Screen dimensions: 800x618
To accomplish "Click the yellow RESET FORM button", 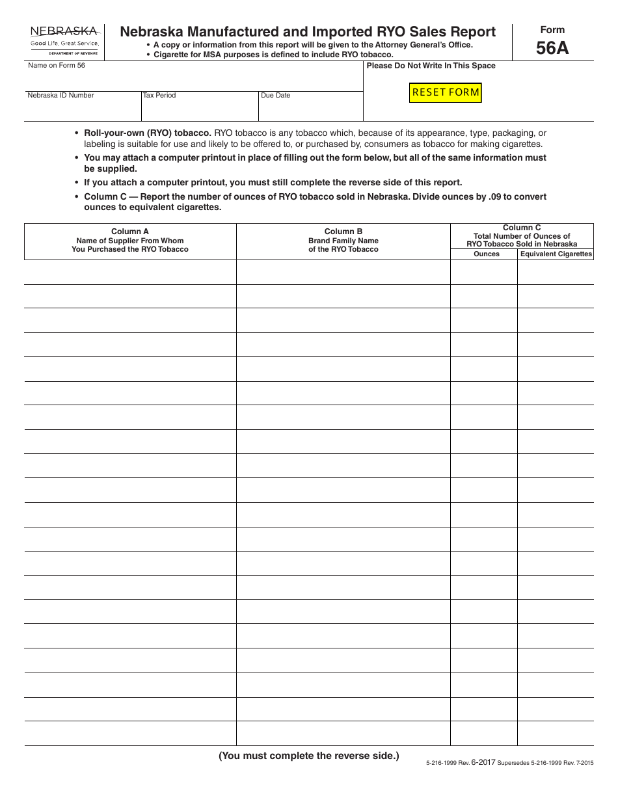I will [446, 92].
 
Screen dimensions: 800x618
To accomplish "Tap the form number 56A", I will [552, 48].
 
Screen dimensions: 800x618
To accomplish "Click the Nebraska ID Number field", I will [83, 110].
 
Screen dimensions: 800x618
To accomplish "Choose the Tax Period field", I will [199, 110].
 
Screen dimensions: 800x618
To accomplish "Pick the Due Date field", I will [310, 110].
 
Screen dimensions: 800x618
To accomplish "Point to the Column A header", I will [130, 232].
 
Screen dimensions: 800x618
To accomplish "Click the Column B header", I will [343, 232].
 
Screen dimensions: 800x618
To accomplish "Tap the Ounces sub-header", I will [487, 254].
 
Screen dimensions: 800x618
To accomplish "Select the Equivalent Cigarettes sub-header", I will [556, 254].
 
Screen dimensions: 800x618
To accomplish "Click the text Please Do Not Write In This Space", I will [431, 66].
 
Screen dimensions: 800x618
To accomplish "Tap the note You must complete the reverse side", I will [308, 756].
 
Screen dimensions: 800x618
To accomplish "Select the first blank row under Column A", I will [130, 273].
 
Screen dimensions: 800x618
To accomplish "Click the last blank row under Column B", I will [343, 734].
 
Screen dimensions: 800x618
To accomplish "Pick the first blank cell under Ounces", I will [484, 273].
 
